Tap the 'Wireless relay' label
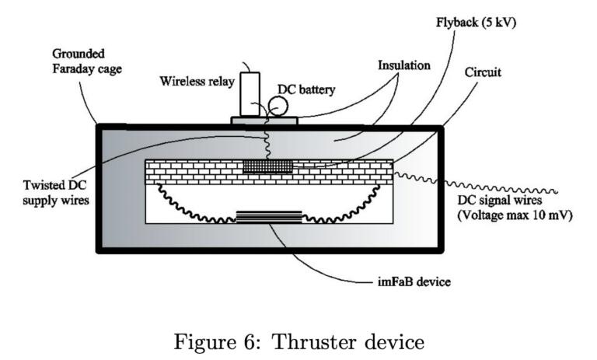195,81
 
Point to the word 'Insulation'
403,65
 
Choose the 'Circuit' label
484,72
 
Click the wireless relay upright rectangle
250,95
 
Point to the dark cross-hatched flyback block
267,166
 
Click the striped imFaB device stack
268,216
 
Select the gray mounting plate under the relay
264,121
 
